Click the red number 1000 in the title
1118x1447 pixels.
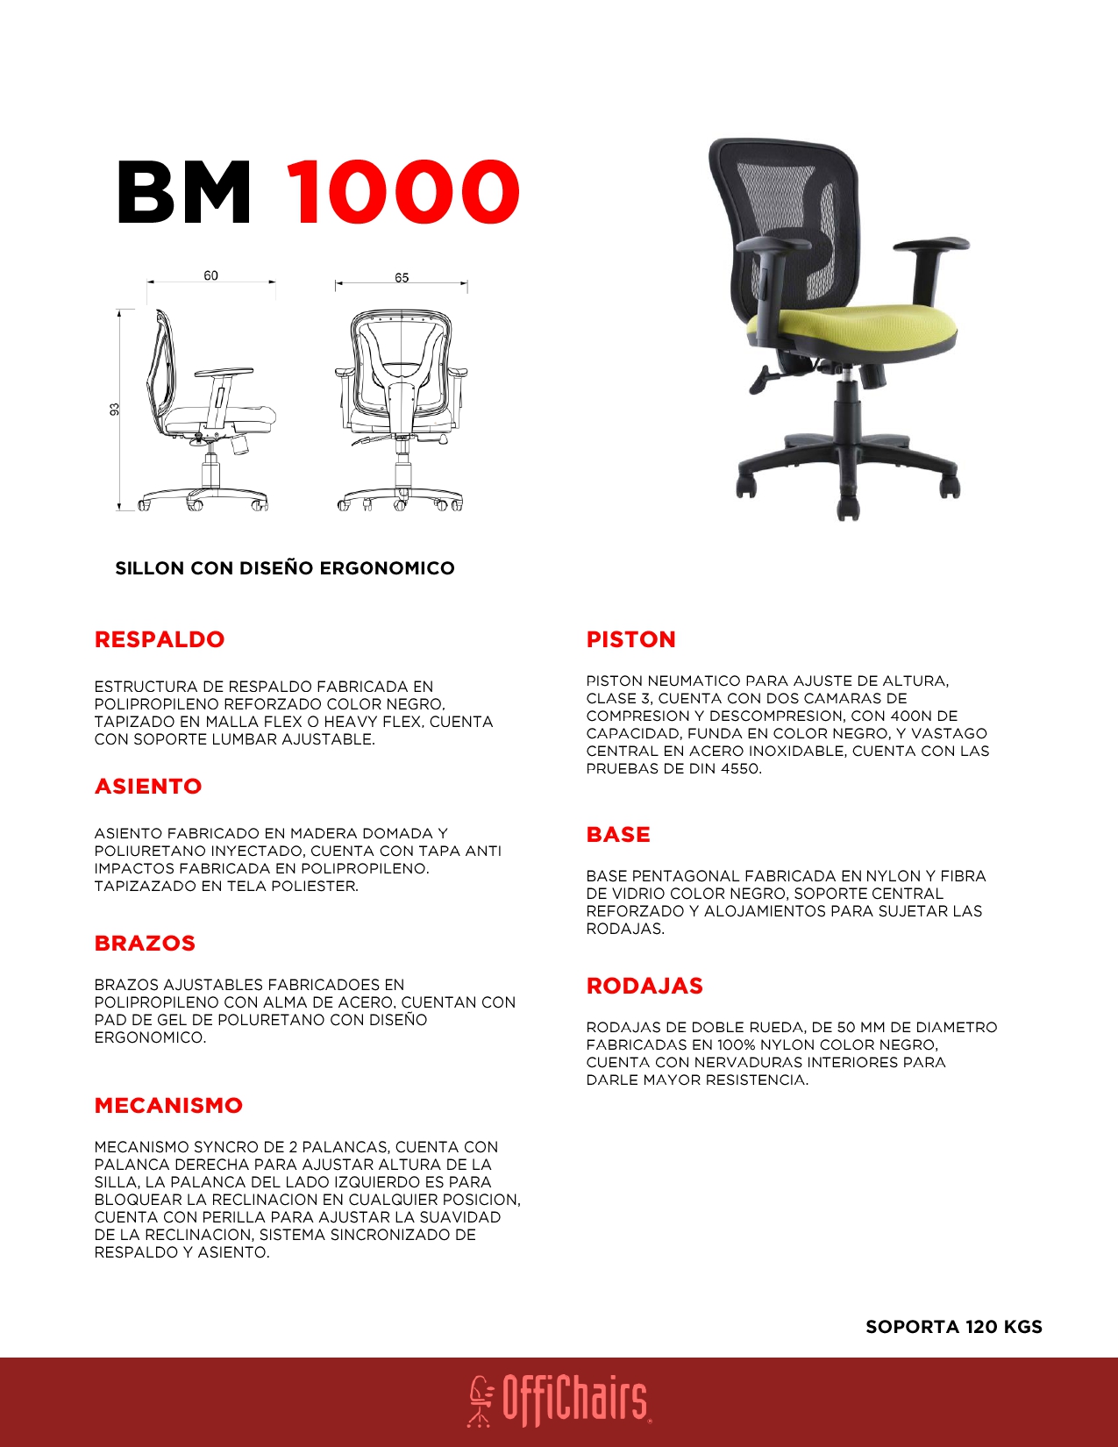click(403, 192)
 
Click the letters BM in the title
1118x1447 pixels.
click(184, 192)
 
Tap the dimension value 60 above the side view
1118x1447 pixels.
click(210, 275)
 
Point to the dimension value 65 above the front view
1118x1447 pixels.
click(402, 277)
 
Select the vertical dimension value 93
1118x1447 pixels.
click(114, 410)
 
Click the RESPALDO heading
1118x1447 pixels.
click(160, 639)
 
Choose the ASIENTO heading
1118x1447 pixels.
click(148, 786)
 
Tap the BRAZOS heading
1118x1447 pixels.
click(145, 943)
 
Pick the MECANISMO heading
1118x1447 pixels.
click(168, 1105)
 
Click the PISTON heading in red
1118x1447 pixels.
click(630, 639)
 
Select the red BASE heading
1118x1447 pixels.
click(618, 834)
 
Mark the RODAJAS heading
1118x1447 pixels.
click(644, 986)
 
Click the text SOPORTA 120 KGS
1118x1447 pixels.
click(953, 1326)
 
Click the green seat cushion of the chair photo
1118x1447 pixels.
click(851, 326)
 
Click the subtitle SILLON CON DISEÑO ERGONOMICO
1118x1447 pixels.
click(285, 568)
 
